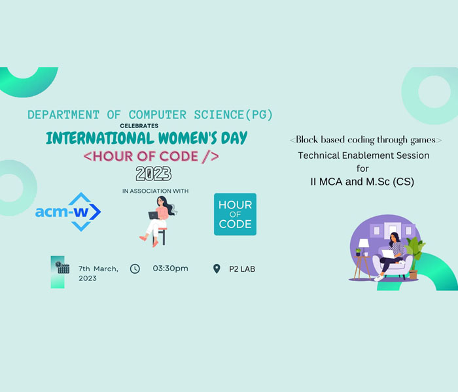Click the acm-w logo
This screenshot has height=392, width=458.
coord(68,212)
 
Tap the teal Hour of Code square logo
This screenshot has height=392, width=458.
coord(235,214)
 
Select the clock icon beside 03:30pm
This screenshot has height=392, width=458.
coord(135,269)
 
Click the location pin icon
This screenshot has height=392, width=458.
coord(217,269)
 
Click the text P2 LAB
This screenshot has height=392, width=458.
coord(242,269)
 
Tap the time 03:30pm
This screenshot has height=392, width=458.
coord(170,269)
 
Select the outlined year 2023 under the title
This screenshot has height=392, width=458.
coord(154,174)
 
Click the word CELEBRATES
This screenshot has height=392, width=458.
coord(139,125)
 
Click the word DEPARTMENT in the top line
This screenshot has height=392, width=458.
coord(63,114)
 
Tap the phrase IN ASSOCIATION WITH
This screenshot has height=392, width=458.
coord(156,191)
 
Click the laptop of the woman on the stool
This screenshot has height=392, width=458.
coord(154,215)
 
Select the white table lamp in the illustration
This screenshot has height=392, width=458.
coord(364,244)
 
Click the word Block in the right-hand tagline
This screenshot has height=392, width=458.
coord(307,140)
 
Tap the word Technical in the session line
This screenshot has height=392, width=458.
coord(319,155)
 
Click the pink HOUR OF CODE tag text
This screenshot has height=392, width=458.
coord(151,157)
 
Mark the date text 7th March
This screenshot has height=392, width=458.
coord(98,269)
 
